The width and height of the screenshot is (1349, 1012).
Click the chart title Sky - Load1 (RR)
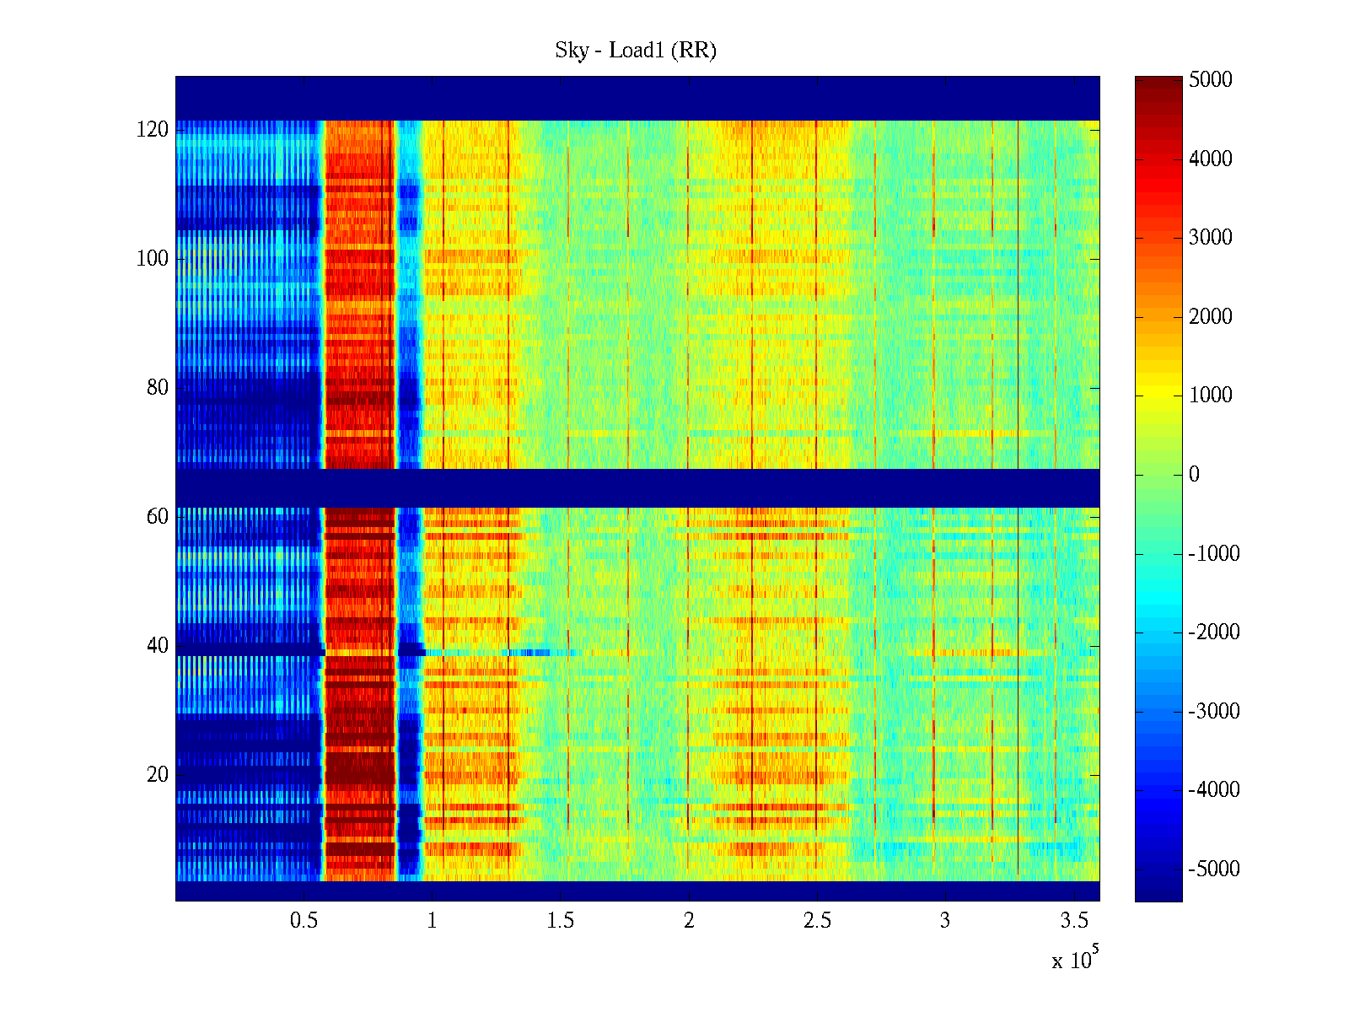click(636, 51)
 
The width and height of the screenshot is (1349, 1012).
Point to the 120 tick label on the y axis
click(153, 130)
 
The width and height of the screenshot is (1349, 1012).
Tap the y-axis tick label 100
click(153, 259)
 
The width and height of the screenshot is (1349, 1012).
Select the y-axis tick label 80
click(158, 388)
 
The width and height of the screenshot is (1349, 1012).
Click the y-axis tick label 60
click(158, 517)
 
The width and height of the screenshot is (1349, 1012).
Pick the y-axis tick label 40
click(158, 646)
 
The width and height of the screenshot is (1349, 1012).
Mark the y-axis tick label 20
click(158, 775)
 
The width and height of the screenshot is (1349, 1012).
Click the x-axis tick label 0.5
click(304, 921)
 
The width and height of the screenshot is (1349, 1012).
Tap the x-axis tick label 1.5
click(561, 921)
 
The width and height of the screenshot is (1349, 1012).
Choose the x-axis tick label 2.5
click(817, 921)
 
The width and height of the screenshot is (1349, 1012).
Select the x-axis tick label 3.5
click(1074, 921)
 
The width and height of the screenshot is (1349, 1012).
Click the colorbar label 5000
click(1211, 80)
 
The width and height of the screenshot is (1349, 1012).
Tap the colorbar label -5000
click(1214, 869)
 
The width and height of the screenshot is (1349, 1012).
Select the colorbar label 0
click(1194, 475)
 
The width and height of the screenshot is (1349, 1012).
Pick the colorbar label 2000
click(1211, 317)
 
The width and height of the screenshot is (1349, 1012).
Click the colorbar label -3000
click(1214, 712)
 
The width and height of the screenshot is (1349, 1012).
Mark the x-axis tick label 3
click(945, 921)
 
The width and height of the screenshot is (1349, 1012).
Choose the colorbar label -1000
click(1214, 554)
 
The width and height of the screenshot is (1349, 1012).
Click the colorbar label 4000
click(1211, 159)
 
